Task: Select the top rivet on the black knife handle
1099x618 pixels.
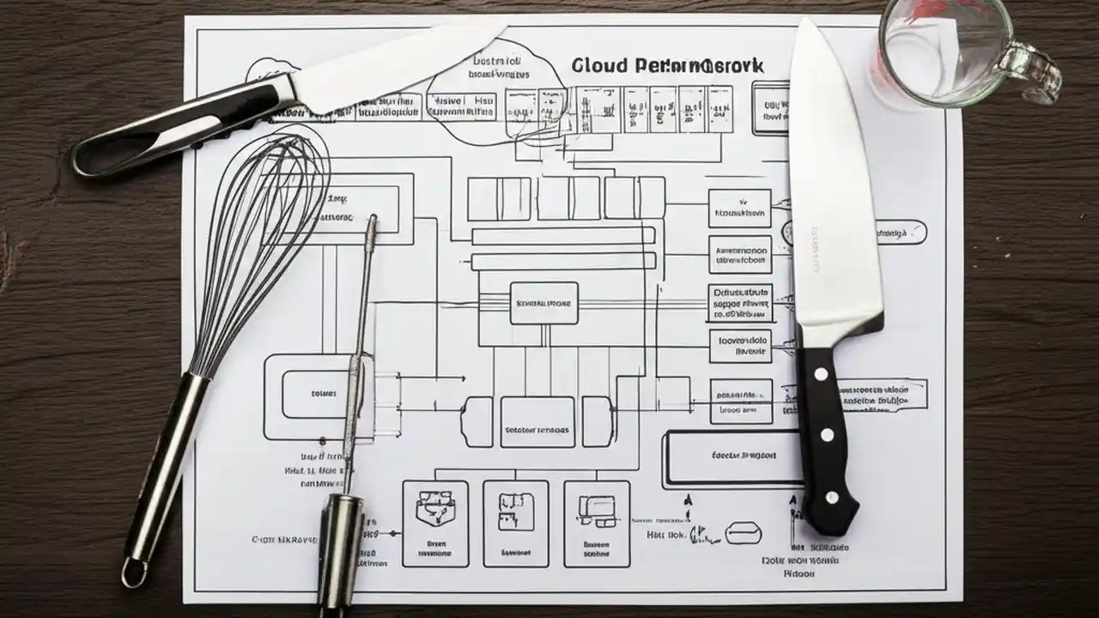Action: tap(822, 373)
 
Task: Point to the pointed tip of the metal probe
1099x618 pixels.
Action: tap(373, 221)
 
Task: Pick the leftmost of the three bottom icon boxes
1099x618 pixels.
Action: tap(435, 523)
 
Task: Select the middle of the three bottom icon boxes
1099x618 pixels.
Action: tap(515, 523)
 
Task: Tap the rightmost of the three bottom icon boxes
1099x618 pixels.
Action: tap(596, 523)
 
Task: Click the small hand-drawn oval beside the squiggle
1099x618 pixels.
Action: tap(743, 534)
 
